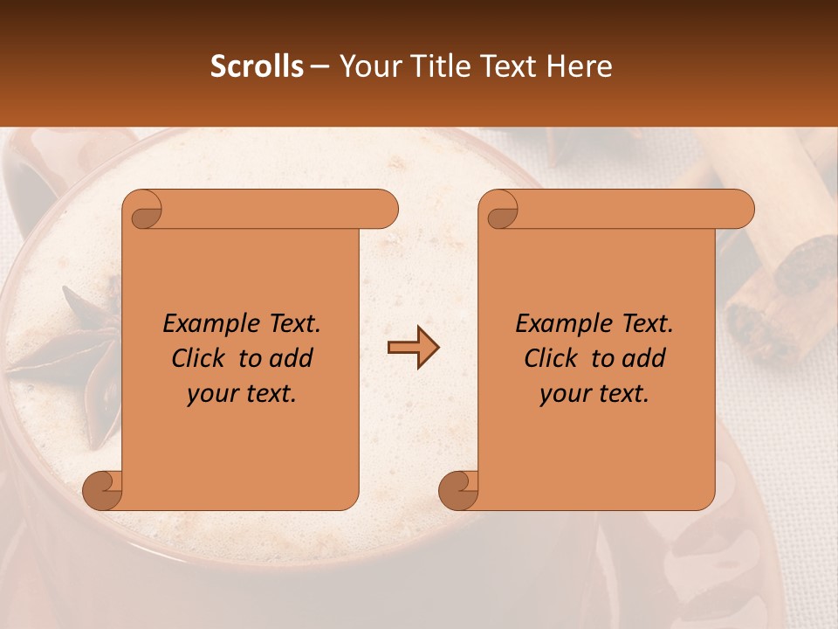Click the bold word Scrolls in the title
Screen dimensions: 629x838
pos(257,66)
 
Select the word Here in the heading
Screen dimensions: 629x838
pos(579,66)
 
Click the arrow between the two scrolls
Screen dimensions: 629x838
pos(413,349)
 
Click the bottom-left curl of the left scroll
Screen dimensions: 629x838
pos(103,491)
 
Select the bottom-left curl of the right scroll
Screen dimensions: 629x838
pos(458,491)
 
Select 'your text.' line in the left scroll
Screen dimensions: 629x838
pos(242,394)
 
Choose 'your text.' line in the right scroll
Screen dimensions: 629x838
pos(594,394)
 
